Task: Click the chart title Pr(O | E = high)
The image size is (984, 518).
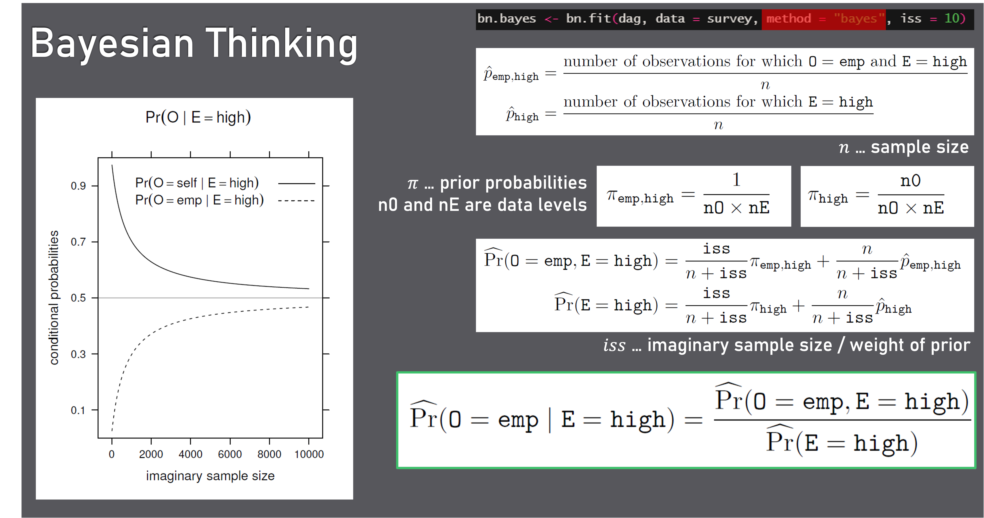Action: pos(198,117)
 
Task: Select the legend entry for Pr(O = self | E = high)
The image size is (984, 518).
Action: pos(197,183)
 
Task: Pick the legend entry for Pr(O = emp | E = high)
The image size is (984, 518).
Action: pos(199,200)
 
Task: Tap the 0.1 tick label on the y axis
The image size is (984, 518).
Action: pos(78,410)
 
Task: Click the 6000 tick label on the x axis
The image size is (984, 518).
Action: pos(230,454)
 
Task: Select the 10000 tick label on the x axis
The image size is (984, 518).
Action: pos(309,454)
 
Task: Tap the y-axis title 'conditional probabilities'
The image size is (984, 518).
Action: pos(54,298)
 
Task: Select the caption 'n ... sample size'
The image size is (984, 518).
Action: pos(903,147)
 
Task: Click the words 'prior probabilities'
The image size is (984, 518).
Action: pos(513,183)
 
